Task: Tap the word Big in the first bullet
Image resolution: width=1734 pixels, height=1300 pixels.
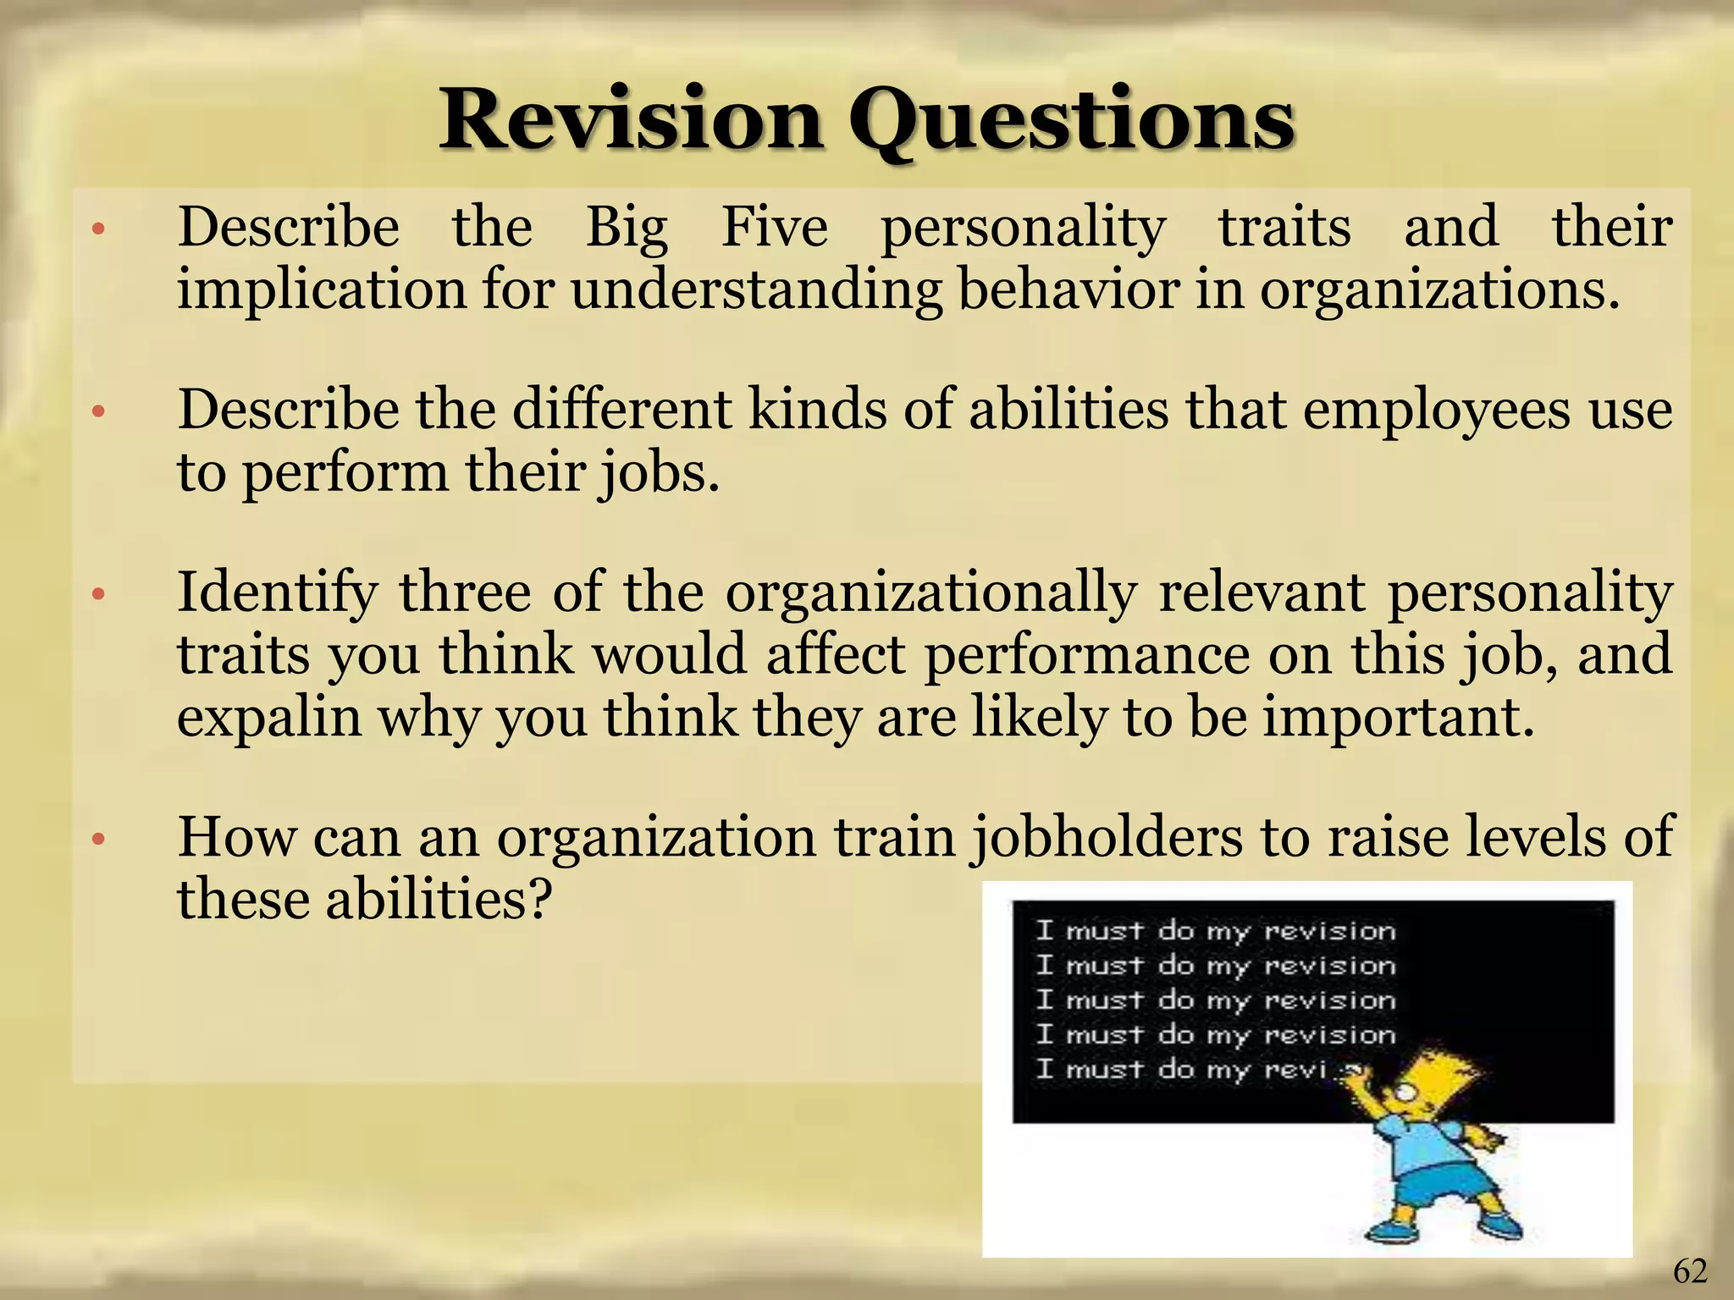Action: click(627, 229)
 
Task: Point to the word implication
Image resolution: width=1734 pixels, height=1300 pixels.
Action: click(321, 290)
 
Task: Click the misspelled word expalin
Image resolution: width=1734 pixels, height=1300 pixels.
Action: click(268, 719)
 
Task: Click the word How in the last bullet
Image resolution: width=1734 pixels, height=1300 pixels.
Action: click(236, 836)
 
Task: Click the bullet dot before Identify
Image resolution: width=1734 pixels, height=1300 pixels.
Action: click(98, 595)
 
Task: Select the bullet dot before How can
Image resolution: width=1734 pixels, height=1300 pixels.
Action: click(98, 840)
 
